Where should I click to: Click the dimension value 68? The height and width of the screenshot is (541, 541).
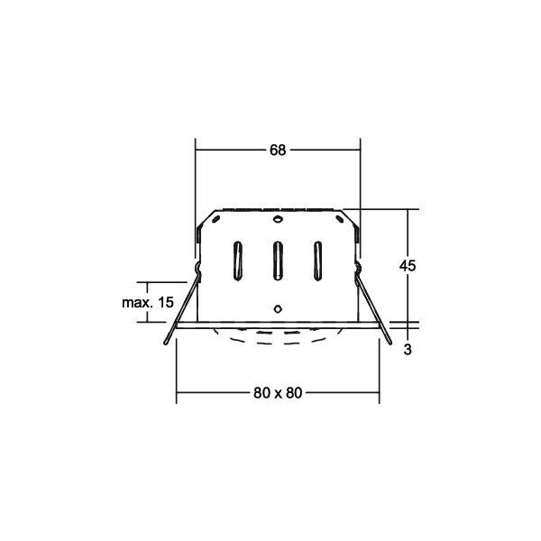tap(278, 151)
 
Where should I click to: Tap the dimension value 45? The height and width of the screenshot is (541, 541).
tap(408, 266)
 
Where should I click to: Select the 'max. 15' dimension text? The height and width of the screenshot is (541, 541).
tap(147, 303)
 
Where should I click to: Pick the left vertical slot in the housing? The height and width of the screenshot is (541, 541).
tap(237, 261)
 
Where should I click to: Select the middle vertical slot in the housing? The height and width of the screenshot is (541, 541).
tap(278, 261)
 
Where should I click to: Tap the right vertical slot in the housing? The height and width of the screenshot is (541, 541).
tap(318, 261)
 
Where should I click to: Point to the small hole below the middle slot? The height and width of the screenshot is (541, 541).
tap(278, 307)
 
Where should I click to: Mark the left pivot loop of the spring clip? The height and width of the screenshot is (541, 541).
tap(197, 269)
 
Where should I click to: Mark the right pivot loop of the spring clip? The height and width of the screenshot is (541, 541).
tap(358, 269)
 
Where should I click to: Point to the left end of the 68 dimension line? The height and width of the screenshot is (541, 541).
tap(197, 151)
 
